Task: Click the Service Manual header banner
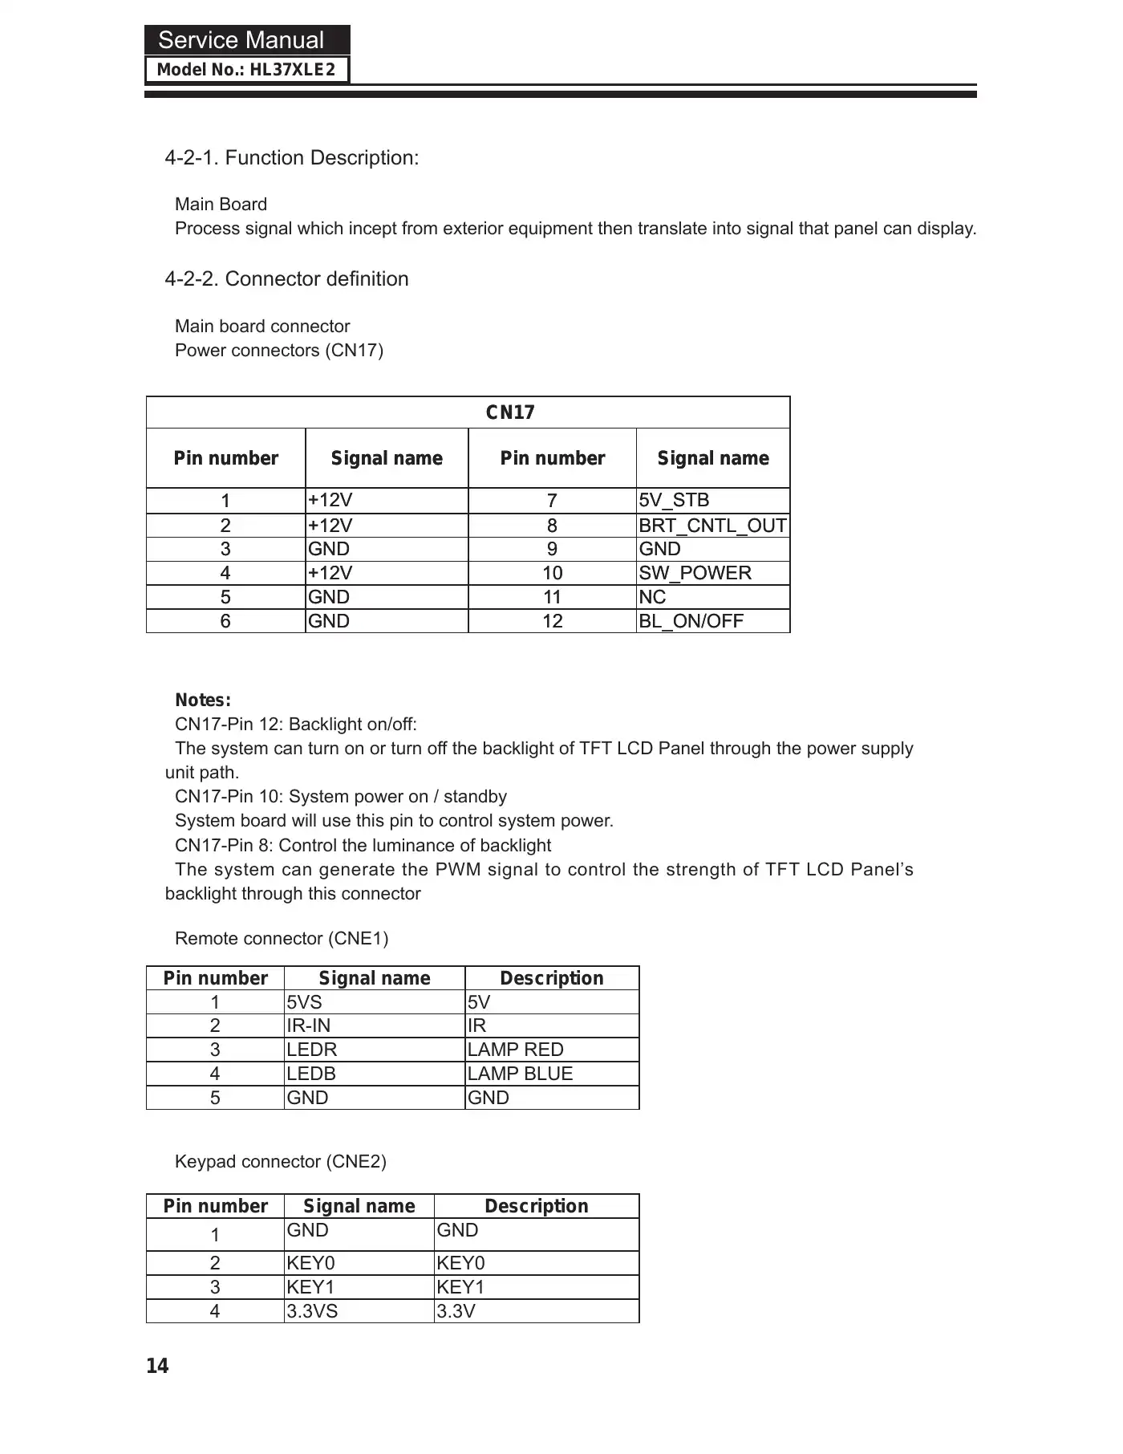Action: (247, 40)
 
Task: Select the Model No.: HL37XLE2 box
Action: (247, 70)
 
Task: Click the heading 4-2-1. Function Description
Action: (291, 158)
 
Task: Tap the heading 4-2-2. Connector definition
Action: (286, 279)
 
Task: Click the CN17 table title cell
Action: (510, 412)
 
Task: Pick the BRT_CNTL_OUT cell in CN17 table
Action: (712, 526)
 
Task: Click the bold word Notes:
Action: (203, 700)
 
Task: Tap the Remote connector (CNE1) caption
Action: (282, 939)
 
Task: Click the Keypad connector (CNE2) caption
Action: (281, 1162)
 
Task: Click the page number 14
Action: (158, 1367)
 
